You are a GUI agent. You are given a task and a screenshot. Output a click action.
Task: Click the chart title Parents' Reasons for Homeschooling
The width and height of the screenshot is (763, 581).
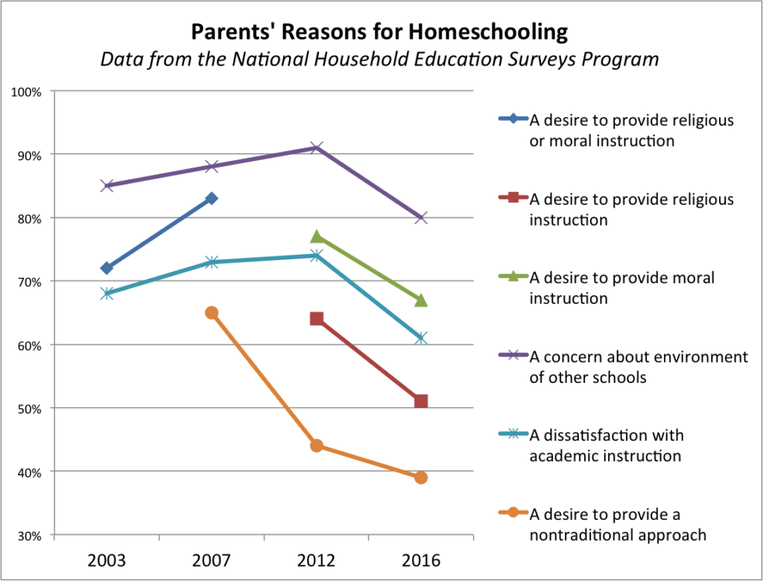(380, 33)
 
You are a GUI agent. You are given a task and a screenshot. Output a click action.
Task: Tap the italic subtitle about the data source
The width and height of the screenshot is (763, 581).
(380, 60)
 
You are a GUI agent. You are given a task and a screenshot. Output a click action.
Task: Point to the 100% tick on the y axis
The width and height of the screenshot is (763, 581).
(27, 92)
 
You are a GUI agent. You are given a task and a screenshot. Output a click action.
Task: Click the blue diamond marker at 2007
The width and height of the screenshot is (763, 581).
(212, 198)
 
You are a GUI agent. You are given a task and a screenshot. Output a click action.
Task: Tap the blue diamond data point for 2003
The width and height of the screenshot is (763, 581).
(107, 268)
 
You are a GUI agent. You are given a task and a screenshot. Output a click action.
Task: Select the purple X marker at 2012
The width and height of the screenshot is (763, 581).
(316, 147)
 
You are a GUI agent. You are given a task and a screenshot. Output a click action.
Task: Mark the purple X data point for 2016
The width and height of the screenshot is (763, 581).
(421, 218)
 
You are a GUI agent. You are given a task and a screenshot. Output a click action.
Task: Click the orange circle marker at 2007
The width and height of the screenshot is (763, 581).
(212, 313)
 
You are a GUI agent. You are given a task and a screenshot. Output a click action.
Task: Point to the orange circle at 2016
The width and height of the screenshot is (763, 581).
(421, 477)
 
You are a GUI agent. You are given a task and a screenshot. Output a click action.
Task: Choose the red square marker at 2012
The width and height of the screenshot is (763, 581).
(316, 319)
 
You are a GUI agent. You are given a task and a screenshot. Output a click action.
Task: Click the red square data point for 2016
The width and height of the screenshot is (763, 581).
(421, 401)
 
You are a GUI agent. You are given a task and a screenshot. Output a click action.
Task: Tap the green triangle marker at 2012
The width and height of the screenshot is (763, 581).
(316, 236)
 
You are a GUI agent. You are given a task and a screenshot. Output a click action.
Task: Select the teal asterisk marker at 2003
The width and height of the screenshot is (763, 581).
(107, 293)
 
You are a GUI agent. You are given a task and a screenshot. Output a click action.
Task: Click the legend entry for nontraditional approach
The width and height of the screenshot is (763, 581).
(617, 524)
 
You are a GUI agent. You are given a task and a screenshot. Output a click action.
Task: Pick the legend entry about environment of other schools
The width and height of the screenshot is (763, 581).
(638, 366)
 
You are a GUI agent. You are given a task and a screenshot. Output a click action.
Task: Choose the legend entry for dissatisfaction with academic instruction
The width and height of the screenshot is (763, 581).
(606, 445)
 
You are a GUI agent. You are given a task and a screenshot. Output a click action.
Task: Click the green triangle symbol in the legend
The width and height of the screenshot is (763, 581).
(513, 278)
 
